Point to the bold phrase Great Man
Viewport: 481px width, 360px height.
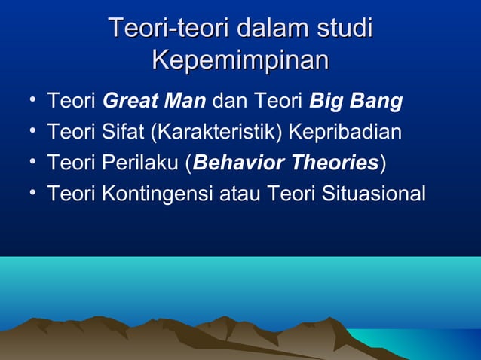154,100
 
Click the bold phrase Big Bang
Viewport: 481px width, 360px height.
356,100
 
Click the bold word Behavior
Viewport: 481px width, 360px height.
230,163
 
